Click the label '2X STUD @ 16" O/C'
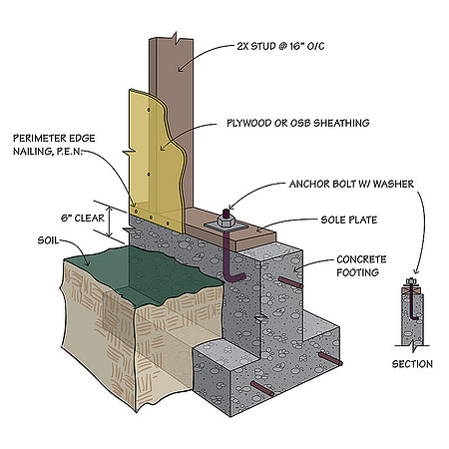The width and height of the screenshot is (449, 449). point(280,46)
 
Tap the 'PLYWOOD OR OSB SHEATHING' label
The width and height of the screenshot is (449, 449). point(298,123)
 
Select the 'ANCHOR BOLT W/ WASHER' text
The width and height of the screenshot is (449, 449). point(351,184)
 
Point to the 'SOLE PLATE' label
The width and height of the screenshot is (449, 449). point(349,220)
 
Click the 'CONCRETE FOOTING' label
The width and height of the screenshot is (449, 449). point(361,265)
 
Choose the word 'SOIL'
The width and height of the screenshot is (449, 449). point(48,240)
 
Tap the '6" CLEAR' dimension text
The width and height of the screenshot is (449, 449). point(83,219)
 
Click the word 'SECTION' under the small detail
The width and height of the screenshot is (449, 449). point(412,364)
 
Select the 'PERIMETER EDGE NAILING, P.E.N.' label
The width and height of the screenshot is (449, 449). point(54,145)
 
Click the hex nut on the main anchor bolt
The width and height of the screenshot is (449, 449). point(226,221)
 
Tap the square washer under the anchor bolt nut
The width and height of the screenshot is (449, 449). point(226,225)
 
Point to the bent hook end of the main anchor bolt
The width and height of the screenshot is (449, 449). point(237,276)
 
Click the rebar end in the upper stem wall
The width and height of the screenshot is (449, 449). point(291,282)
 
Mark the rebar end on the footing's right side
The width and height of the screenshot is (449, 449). point(330,359)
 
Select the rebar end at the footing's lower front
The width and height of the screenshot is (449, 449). point(262,389)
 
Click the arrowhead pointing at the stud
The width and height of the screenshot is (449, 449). point(180,69)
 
